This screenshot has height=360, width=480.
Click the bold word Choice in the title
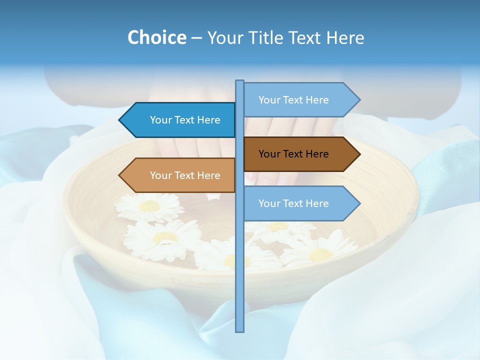point(156,37)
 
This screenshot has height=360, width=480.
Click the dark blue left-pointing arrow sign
point(180,120)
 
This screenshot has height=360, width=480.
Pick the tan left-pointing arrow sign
point(180,175)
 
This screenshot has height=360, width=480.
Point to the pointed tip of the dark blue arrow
point(120,120)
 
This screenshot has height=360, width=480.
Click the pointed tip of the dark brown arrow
point(359,154)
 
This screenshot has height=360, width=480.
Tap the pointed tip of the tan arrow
point(120,175)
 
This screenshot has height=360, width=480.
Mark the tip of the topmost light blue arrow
point(359,100)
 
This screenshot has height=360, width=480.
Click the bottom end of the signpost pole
point(240,330)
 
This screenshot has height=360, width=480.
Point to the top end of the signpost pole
point(240,81)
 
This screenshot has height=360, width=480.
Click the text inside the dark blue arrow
point(185,120)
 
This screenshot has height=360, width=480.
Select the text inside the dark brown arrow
point(293,154)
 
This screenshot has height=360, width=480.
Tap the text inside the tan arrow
point(185,175)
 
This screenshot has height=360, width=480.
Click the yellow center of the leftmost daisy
point(149,205)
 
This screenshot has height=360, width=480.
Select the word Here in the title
point(345,37)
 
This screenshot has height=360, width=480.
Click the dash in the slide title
point(196,38)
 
